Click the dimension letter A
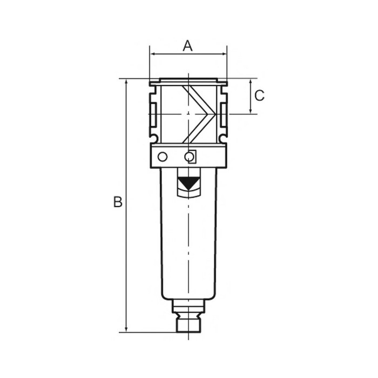pyautogui.click(x=188, y=46)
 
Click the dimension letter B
pyautogui.click(x=118, y=202)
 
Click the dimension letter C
pyautogui.click(x=260, y=96)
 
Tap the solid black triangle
pyautogui.click(x=188, y=183)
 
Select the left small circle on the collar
pyautogui.click(x=163, y=157)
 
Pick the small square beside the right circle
pyautogui.click(x=192, y=157)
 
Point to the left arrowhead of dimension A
pyautogui.click(x=152, y=54)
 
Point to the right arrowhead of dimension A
pyautogui.click(x=224, y=54)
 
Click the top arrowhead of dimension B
pyautogui.click(x=126, y=82)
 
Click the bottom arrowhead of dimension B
pyautogui.click(x=126, y=329)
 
